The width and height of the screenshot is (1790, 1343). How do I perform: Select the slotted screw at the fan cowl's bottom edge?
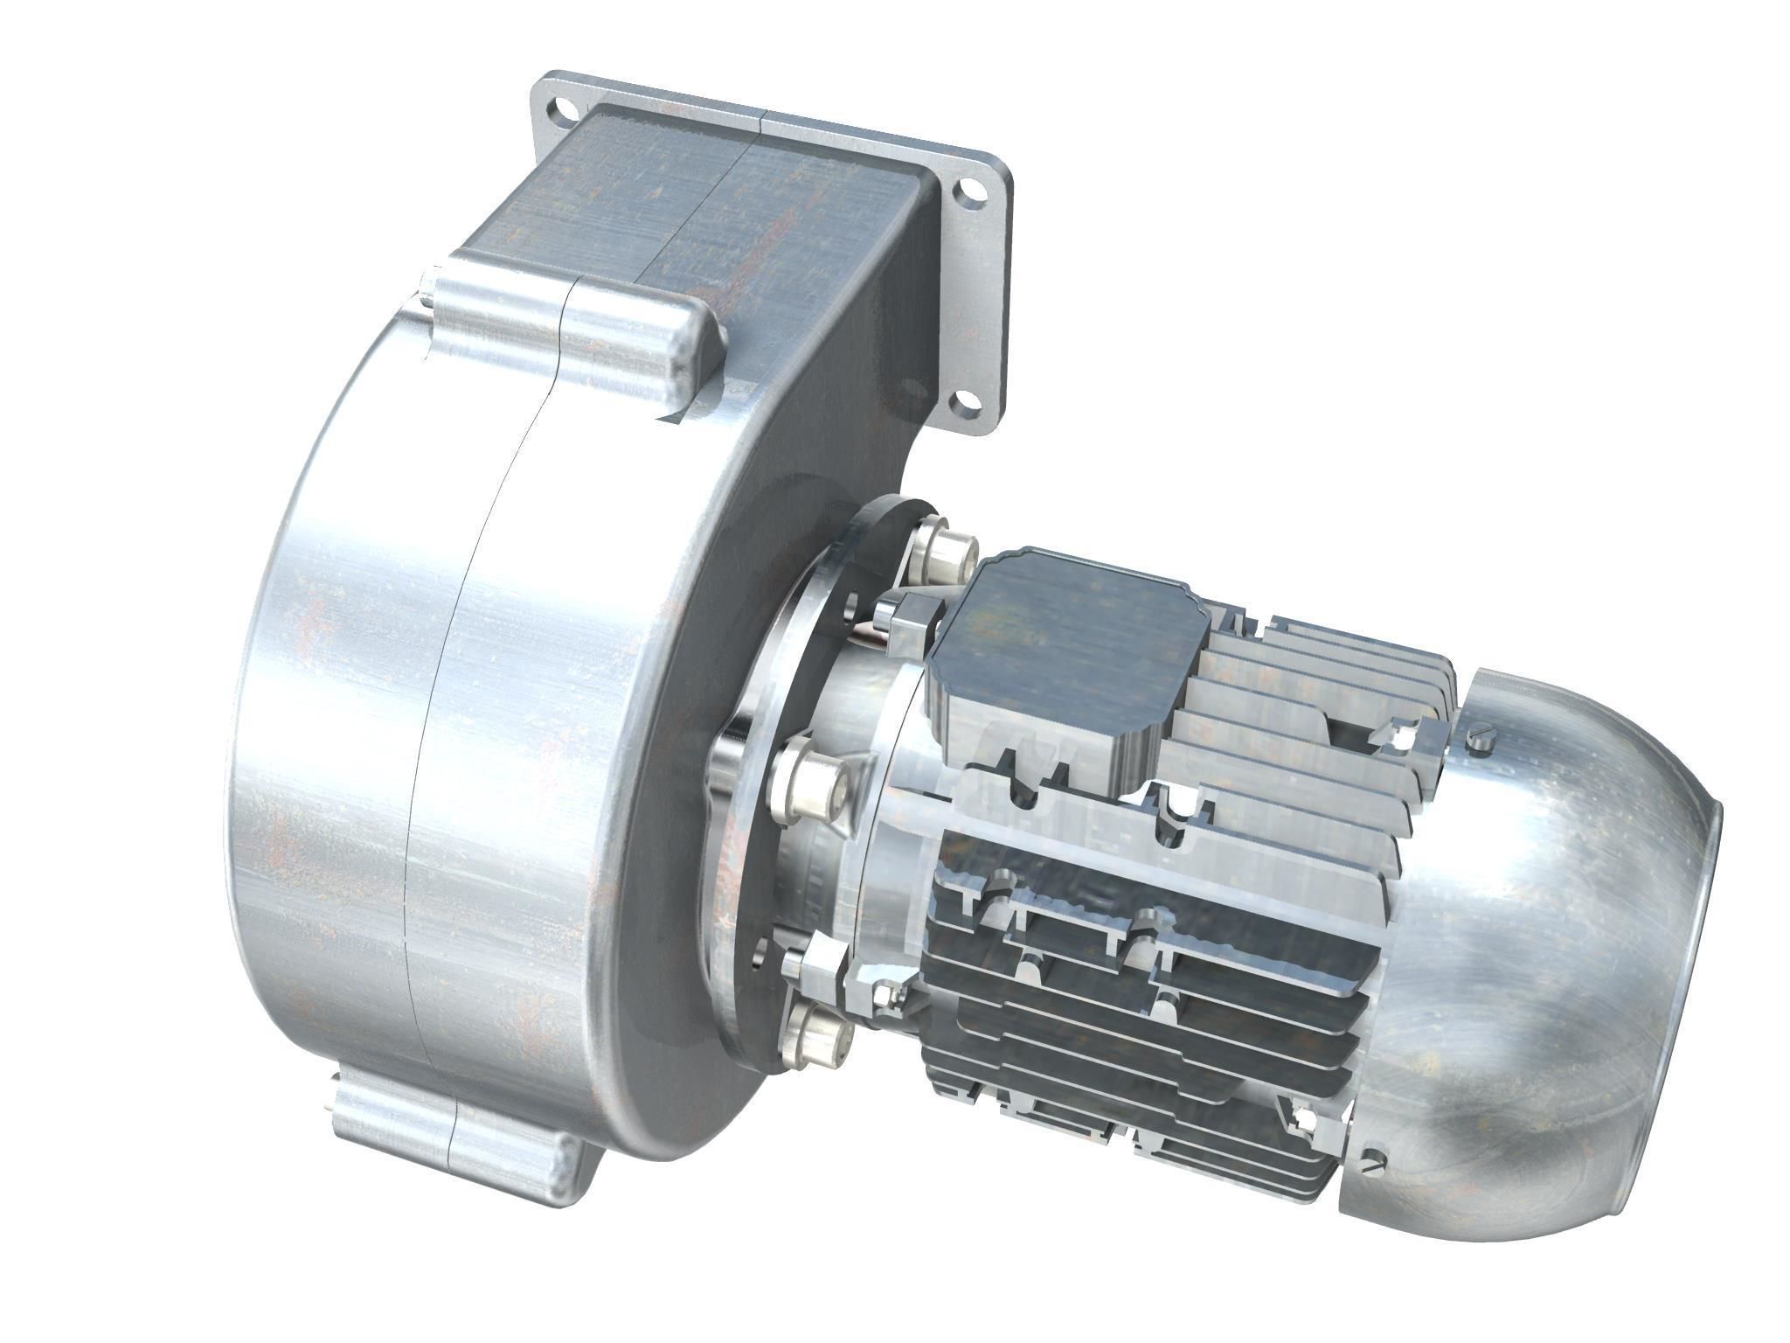click(1378, 1164)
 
